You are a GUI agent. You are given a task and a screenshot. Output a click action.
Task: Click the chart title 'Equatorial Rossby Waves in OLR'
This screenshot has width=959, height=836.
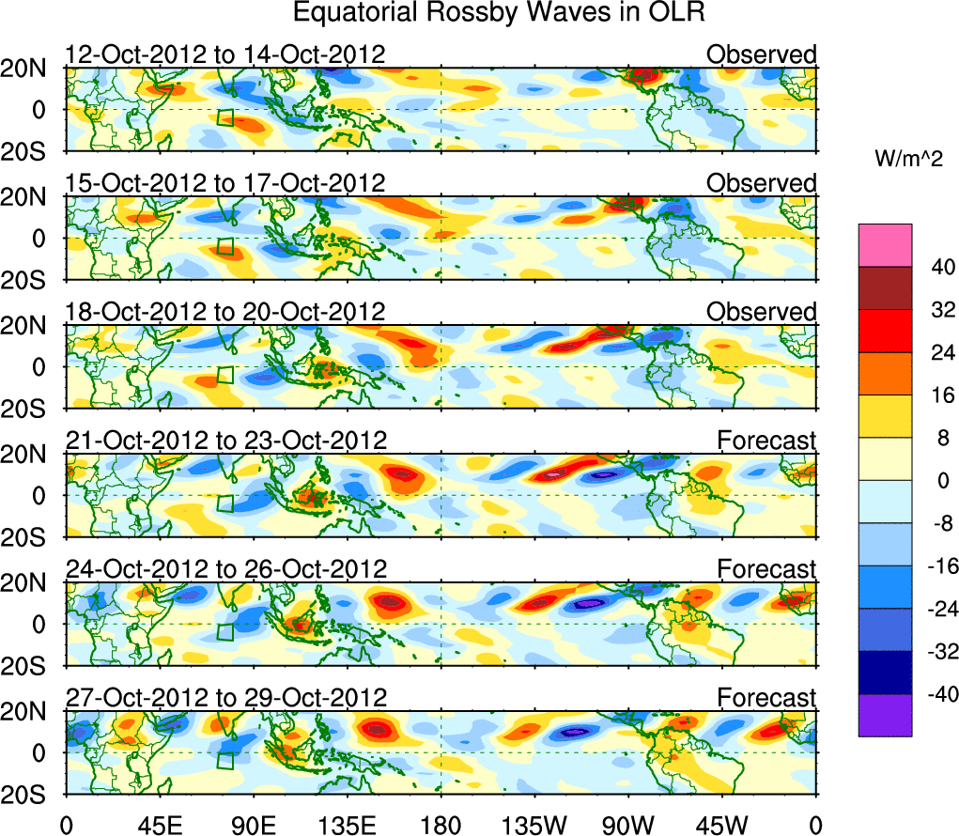(x=499, y=13)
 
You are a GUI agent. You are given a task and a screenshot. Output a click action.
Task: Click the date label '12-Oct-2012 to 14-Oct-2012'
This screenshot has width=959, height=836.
(x=224, y=54)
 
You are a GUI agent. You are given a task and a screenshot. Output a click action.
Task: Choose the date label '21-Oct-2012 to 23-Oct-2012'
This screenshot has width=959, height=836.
(x=225, y=441)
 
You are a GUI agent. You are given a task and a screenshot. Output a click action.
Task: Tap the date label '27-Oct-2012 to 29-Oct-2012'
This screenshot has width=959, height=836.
(x=225, y=698)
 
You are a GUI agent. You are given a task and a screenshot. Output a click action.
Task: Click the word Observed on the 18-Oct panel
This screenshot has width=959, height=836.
(x=761, y=312)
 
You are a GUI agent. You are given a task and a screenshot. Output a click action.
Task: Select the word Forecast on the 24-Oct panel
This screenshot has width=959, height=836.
(x=766, y=569)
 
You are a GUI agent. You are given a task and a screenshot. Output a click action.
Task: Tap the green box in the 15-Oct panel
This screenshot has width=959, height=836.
(x=225, y=247)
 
